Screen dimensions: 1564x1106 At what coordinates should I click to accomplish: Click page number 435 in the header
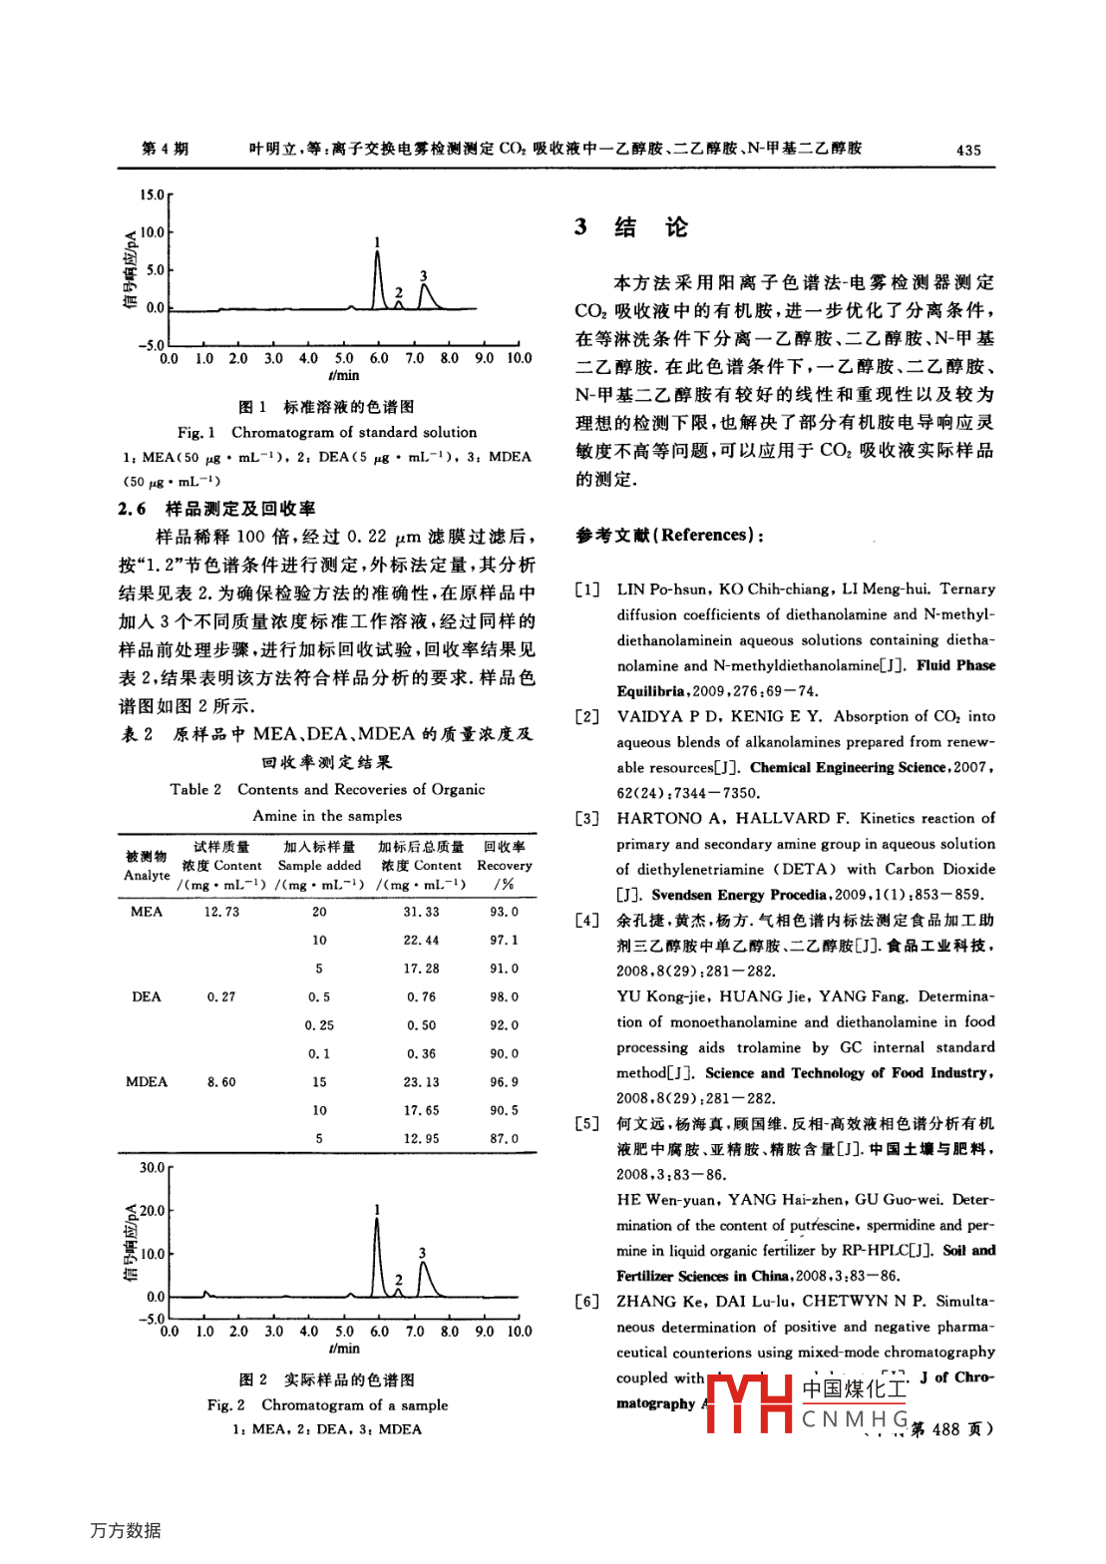(967, 150)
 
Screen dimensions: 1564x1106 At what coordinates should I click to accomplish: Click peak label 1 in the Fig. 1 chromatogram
(377, 242)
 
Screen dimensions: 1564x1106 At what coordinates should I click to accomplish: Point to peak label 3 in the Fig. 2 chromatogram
(422, 1253)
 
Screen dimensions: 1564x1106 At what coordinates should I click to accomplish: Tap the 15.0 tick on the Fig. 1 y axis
(152, 195)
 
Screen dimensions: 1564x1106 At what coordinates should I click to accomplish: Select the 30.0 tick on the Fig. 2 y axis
(152, 1168)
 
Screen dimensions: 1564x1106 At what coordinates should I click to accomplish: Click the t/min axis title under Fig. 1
(343, 376)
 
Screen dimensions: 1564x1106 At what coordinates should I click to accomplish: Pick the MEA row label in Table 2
(147, 912)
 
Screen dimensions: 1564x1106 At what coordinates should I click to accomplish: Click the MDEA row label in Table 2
(147, 1082)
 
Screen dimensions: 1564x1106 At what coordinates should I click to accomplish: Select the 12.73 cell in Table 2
(221, 912)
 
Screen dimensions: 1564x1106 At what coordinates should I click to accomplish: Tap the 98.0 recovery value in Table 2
(504, 997)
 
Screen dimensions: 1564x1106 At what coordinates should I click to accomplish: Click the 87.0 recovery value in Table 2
(504, 1139)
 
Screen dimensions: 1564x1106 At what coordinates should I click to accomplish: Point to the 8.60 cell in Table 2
(221, 1082)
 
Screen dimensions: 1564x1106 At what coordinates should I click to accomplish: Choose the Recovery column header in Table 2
(504, 866)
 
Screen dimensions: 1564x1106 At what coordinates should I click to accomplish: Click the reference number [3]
(587, 819)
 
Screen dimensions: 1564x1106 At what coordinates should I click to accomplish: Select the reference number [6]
(587, 1302)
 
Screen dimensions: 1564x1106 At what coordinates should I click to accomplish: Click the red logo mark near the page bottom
(749, 1403)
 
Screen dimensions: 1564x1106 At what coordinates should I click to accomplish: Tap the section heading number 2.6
(132, 510)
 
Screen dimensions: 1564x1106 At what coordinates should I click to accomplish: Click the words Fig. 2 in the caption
(226, 1405)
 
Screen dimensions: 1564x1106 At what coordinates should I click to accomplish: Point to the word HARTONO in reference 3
(659, 819)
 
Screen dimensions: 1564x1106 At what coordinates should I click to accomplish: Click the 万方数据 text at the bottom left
(126, 1530)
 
